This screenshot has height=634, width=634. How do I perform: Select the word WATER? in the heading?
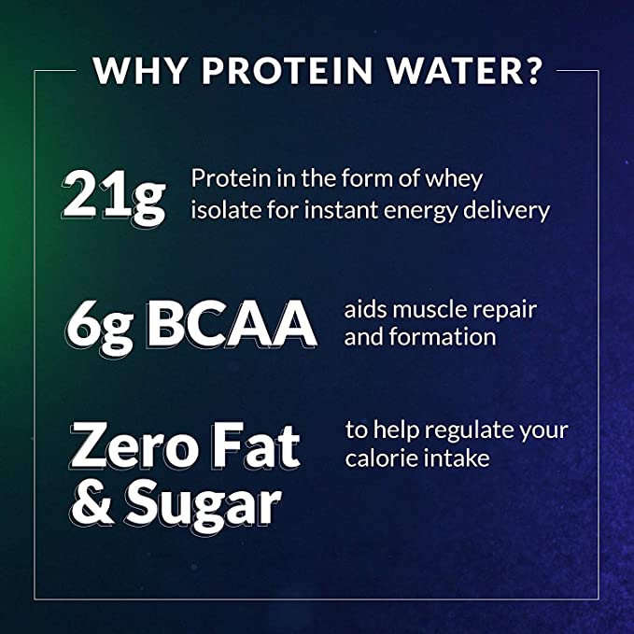click(x=464, y=71)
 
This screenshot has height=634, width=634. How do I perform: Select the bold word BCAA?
click(x=232, y=323)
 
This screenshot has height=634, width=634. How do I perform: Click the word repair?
click(x=505, y=311)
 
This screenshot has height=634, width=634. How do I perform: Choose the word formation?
click(x=443, y=337)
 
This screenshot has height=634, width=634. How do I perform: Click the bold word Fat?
click(x=257, y=445)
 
